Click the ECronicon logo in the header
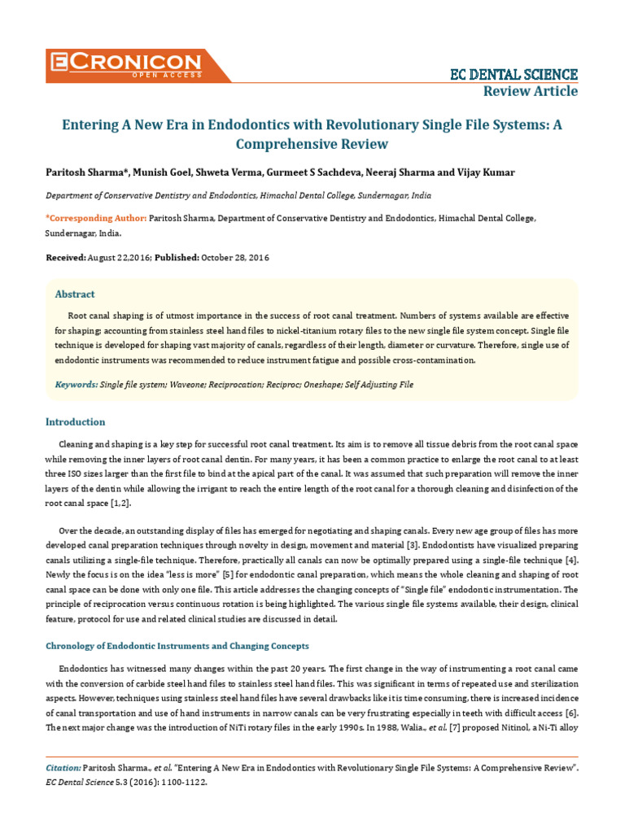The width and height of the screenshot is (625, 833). (x=126, y=64)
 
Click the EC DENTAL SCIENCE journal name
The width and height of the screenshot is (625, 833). (x=514, y=75)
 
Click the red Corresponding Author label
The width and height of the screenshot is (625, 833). (x=96, y=218)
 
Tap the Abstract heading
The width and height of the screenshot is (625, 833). (x=75, y=294)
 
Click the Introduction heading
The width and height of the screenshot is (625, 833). (x=75, y=422)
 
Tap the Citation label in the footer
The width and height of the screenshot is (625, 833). (x=63, y=768)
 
